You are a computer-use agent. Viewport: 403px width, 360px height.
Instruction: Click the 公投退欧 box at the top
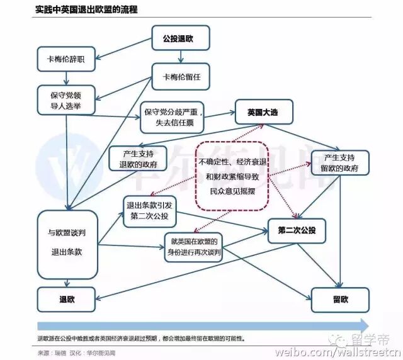coord(180,38)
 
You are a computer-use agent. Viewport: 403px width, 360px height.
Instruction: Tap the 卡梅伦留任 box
coord(180,78)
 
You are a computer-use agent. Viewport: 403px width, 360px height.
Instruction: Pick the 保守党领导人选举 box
coord(67,101)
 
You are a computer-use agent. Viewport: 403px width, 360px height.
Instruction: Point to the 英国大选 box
coord(266,113)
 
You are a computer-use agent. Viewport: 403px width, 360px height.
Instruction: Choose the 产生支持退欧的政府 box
coord(137,159)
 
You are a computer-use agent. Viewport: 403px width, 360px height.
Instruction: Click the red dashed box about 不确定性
coord(233,174)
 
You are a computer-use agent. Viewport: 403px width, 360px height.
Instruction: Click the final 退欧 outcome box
coord(67,300)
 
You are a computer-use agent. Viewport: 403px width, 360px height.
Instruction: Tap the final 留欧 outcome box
coord(340,300)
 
